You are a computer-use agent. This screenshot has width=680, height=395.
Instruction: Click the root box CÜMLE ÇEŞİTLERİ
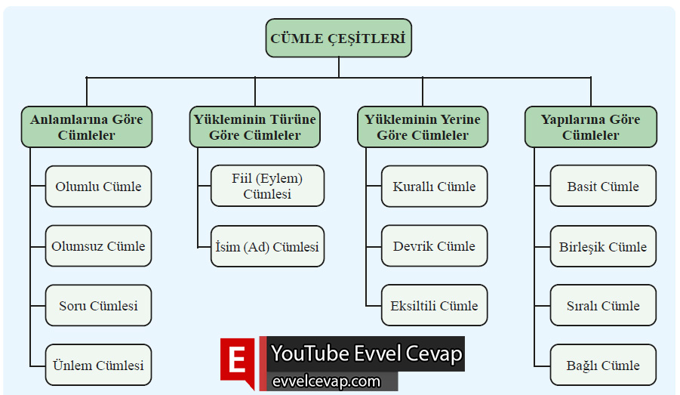point(338,38)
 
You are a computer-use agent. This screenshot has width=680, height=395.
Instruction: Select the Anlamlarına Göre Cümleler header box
point(87,127)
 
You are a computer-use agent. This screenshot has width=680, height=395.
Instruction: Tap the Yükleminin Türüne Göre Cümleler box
point(255,127)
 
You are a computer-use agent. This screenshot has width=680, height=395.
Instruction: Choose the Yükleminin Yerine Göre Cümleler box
point(423,127)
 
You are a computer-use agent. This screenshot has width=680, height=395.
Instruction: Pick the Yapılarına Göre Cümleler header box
point(591,127)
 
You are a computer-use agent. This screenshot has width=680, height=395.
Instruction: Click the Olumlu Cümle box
point(98,187)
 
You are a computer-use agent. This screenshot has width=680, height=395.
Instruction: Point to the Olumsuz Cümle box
point(98,246)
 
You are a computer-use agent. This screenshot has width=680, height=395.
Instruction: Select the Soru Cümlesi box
point(98,306)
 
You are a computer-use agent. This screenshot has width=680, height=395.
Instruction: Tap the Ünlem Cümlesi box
point(98,366)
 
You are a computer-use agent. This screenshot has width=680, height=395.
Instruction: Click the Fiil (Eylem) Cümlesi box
point(267,186)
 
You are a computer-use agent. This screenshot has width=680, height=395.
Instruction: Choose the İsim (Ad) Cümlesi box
point(267,247)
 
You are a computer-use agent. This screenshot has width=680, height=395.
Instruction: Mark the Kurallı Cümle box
point(434,187)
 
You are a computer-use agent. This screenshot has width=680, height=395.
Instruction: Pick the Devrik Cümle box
point(434,246)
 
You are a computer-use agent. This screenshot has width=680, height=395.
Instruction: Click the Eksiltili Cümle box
point(434,306)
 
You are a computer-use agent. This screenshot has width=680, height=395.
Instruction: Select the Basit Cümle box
point(603,187)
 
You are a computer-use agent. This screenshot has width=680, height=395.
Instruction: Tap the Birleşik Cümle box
point(603,247)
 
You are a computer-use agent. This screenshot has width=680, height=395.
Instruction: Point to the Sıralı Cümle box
point(603,306)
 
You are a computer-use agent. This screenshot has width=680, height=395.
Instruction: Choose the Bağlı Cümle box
point(603,366)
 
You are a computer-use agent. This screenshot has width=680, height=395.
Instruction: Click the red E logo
point(238,362)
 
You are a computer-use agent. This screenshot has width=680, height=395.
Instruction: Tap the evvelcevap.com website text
point(326,381)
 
